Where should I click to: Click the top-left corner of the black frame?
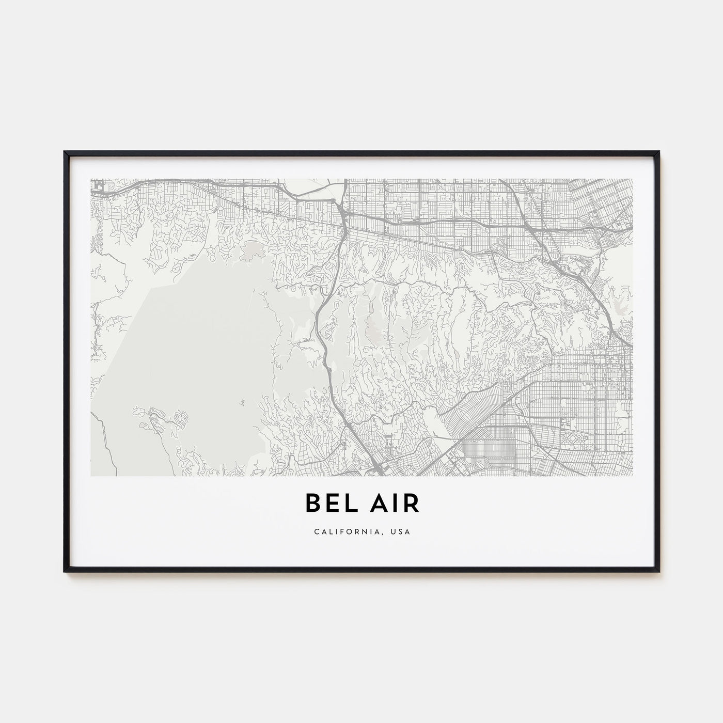[x=65, y=152]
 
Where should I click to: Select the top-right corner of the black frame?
[x=659, y=152]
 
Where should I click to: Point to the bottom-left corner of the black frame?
[x=65, y=571]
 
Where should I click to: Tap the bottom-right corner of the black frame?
[x=659, y=571]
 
